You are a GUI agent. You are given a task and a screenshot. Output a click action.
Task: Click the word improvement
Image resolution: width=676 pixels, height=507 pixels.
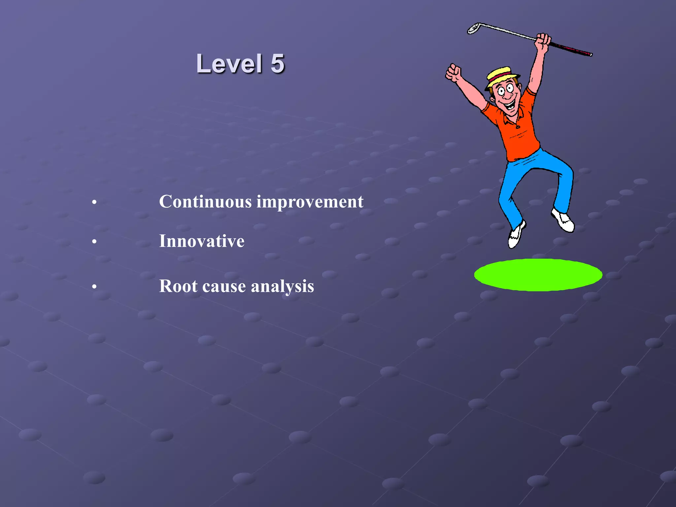(310, 202)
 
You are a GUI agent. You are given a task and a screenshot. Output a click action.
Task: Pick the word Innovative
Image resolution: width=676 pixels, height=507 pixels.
(202, 241)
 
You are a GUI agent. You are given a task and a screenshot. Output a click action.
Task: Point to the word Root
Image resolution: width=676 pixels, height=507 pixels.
(178, 286)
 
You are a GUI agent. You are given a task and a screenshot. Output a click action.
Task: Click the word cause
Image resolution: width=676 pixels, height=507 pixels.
(224, 287)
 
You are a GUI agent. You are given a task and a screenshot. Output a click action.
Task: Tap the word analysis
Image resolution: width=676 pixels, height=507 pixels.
(283, 287)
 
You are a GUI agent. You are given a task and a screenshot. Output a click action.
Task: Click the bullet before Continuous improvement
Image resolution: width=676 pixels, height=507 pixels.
(94, 202)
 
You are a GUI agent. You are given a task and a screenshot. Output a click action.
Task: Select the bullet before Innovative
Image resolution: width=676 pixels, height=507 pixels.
(94, 242)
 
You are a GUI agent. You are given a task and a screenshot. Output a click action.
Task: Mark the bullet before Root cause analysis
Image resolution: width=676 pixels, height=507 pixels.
(94, 287)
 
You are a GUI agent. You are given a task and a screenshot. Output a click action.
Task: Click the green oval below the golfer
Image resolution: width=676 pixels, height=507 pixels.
(538, 275)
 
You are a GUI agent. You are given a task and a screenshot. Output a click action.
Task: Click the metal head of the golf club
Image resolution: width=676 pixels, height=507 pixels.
(473, 28)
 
